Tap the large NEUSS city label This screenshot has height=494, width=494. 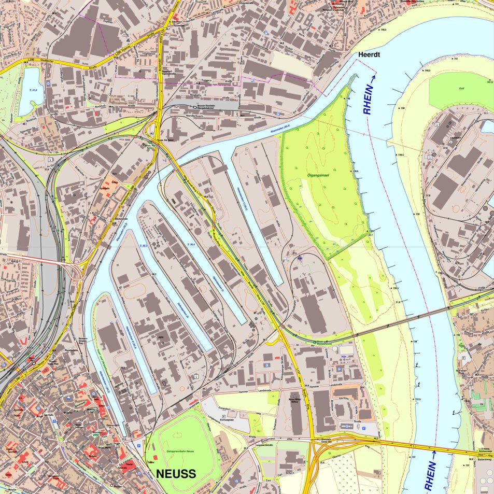pyautogui.click(x=176, y=474)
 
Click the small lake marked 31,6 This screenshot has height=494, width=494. pyautogui.click(x=31, y=92)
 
